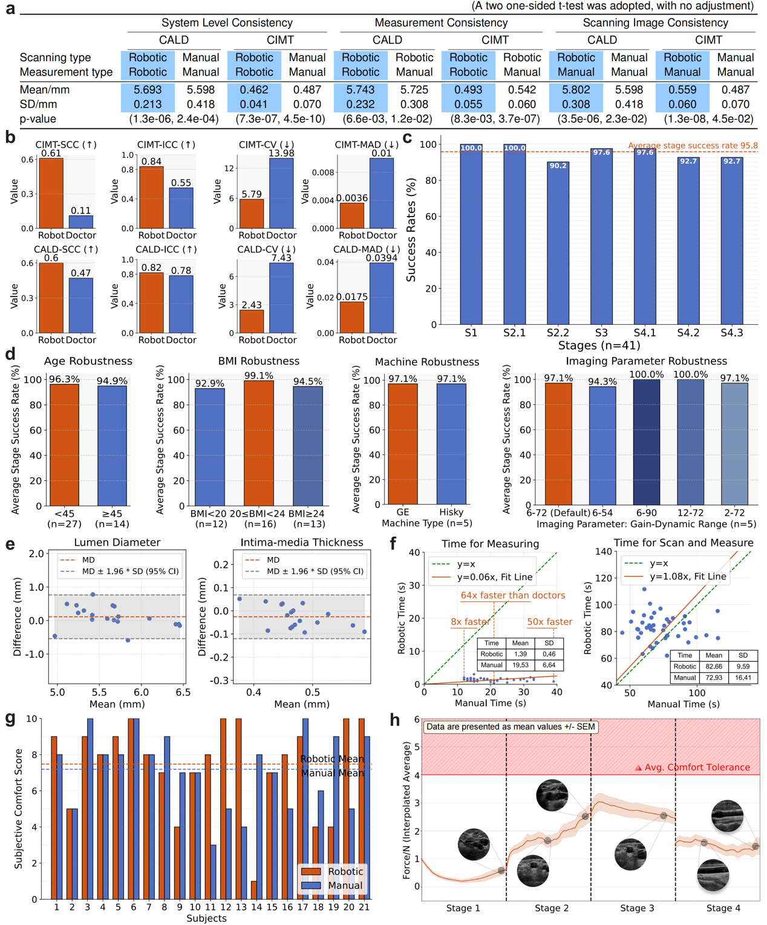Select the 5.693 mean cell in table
(x=148, y=90)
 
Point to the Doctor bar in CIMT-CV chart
(x=281, y=193)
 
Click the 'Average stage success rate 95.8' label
(x=693, y=145)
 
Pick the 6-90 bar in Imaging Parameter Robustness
(x=647, y=443)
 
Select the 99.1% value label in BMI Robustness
(x=258, y=376)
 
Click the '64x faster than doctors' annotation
(x=513, y=595)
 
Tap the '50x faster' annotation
(x=549, y=621)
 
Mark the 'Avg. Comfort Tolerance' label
(x=697, y=767)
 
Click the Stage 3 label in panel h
(x=637, y=907)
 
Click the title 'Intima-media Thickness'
(x=302, y=542)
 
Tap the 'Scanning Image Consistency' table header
(x=655, y=23)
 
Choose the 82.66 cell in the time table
(x=714, y=666)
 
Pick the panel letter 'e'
(x=10, y=544)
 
